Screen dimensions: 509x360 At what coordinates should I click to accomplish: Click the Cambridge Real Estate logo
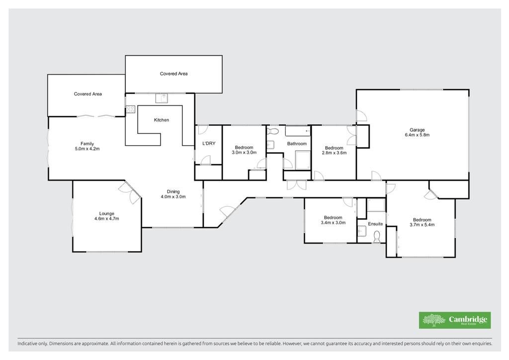click(x=454, y=320)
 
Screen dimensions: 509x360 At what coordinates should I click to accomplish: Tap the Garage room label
click(x=417, y=130)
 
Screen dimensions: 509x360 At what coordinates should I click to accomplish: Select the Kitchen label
click(x=162, y=120)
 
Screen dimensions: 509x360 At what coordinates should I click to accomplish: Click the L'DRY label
click(x=209, y=143)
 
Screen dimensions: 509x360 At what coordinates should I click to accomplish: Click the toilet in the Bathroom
click(x=273, y=131)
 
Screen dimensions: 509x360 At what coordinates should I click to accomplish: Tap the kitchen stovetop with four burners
click(x=131, y=109)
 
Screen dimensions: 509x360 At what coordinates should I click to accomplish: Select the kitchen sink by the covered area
click(x=162, y=98)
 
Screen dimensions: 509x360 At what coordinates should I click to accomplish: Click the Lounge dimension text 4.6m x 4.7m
click(x=106, y=218)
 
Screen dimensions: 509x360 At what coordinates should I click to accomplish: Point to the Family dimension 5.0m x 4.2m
click(x=87, y=149)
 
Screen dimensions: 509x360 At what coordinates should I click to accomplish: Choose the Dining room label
click(x=173, y=191)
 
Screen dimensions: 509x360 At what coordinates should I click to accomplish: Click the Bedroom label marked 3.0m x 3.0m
click(x=244, y=147)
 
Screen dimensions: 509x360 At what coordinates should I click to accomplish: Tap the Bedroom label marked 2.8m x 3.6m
click(x=334, y=148)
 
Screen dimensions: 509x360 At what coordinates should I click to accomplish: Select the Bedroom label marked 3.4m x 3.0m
click(x=333, y=217)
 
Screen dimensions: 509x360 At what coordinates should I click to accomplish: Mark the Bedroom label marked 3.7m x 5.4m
click(x=422, y=220)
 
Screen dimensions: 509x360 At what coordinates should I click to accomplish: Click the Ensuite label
click(x=375, y=224)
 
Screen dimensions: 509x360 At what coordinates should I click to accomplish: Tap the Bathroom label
click(x=297, y=144)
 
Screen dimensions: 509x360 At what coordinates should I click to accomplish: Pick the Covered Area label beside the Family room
click(x=87, y=94)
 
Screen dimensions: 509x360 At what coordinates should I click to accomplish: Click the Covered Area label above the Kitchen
click(x=173, y=74)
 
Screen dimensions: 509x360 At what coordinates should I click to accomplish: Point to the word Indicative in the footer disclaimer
click(x=27, y=343)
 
